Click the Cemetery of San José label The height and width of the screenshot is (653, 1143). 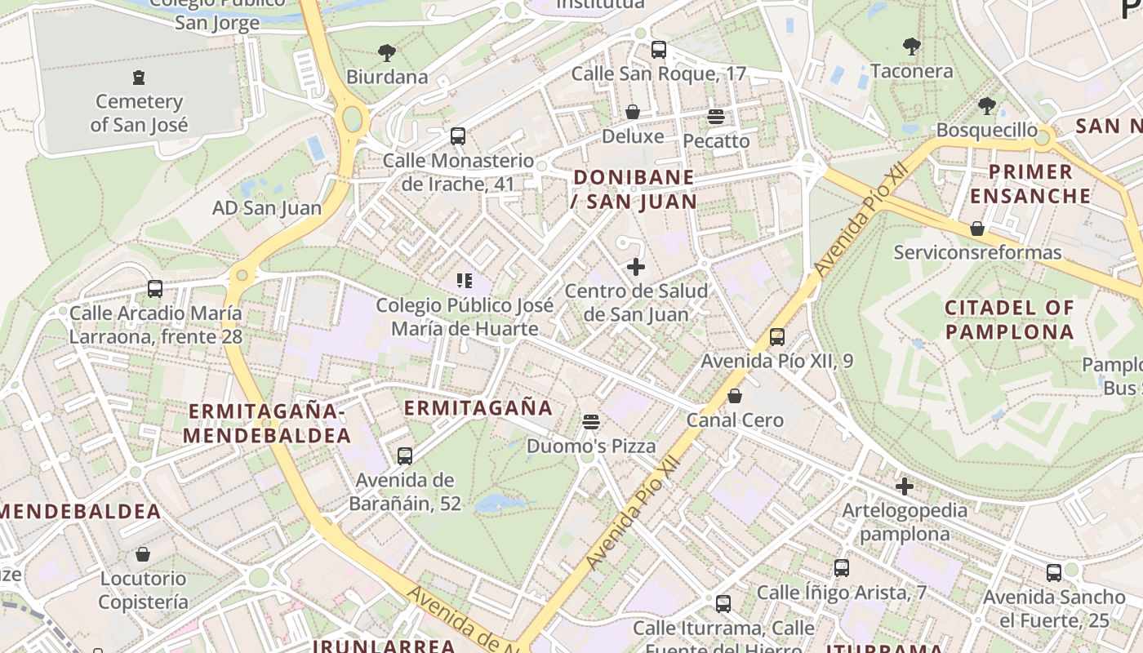pos(139,113)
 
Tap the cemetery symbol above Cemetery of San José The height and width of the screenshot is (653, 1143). pos(139,78)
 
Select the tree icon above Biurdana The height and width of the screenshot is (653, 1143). pos(387,53)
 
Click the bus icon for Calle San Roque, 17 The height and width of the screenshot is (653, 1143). pos(659,49)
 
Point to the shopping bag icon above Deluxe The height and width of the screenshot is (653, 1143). pos(633,112)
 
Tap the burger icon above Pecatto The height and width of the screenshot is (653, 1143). pos(716,117)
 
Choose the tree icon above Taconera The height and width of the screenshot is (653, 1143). pos(912,47)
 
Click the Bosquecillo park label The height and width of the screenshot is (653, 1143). pos(986,130)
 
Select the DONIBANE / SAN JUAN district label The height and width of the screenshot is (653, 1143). pos(634,189)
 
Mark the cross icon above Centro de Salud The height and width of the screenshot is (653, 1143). pos(636,266)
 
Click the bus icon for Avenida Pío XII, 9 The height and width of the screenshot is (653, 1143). pos(777,336)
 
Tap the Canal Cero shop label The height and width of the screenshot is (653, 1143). pos(735,420)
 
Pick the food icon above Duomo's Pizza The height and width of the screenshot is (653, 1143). pos(591,422)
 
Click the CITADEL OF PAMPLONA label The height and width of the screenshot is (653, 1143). pos(1009,320)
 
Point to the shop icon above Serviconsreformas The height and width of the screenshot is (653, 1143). pos(977,229)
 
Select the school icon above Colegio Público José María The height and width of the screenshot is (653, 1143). pos(465,282)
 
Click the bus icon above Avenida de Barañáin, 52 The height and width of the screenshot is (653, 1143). pos(405,455)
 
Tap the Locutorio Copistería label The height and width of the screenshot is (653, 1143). pos(144,590)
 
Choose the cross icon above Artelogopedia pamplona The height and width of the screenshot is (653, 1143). pos(905,486)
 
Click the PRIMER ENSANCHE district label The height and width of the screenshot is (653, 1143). pos(1031,184)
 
